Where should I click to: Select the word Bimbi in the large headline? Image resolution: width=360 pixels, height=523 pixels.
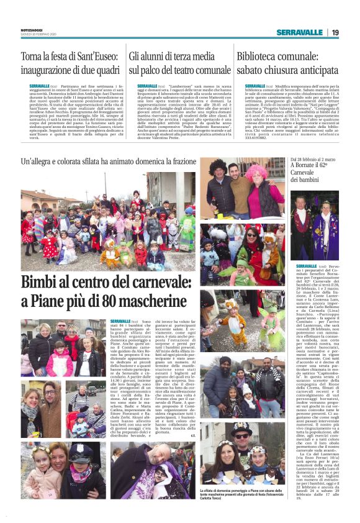coord(42,284)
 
